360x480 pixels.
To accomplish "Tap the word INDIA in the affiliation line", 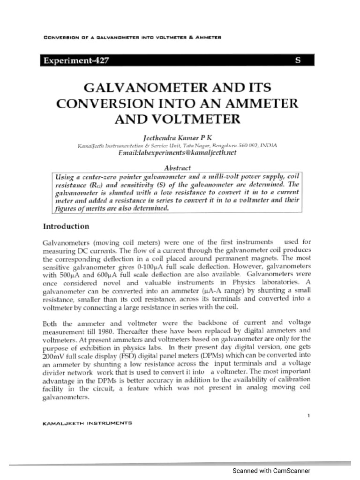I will (x=269, y=145).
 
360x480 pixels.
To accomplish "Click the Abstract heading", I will (x=177, y=167).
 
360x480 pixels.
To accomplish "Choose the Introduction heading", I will (x=66, y=226).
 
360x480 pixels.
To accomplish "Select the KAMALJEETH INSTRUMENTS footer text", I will (x=87, y=422).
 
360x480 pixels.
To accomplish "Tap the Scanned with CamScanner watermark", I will (x=271, y=471).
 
